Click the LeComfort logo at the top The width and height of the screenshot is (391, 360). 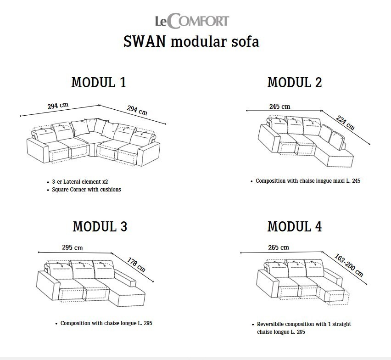pos(192,21)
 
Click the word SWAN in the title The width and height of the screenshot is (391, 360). pos(145,41)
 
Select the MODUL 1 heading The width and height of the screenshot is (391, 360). pos(99,82)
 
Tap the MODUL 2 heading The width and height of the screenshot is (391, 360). pos(295,82)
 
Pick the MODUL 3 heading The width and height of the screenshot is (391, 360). pos(100,226)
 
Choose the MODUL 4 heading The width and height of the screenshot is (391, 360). pos(295,226)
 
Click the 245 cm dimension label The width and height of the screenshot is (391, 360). pos(279,107)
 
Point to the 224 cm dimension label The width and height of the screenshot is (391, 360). pos(345,123)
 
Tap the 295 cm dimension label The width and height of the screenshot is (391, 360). pos(73,247)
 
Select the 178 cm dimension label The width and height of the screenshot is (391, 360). pos(136,264)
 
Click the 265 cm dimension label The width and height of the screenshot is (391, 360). pos(279,247)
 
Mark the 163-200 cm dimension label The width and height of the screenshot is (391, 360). pos(349,265)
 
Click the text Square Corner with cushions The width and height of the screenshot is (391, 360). pos(86,190)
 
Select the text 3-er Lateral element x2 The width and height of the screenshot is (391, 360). pos(80,182)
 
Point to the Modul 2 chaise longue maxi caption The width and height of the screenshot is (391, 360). pos(308,181)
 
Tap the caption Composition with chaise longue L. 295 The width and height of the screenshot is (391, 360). pos(106,323)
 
